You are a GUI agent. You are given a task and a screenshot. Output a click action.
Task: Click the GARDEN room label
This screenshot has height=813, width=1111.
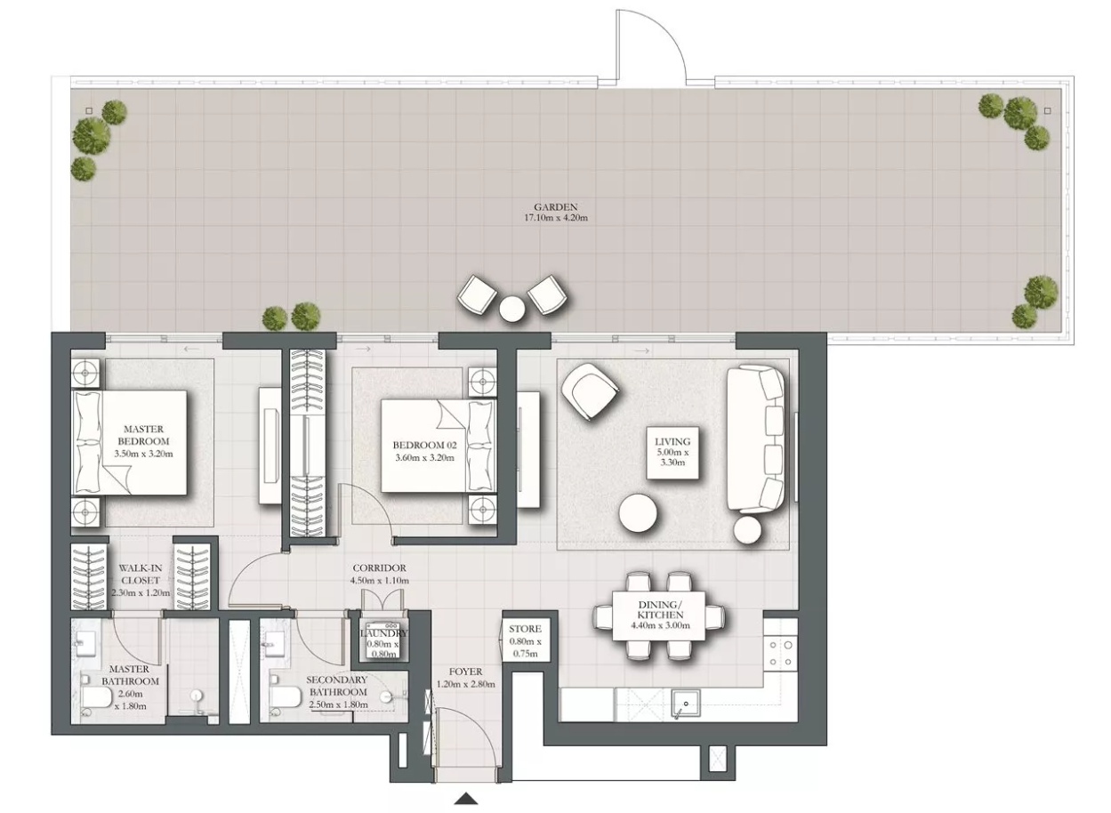(x=555, y=207)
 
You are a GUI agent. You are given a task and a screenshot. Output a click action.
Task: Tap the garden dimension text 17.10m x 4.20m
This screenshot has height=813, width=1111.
(x=556, y=218)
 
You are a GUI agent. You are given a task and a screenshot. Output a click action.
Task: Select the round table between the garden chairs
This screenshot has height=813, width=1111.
(x=511, y=309)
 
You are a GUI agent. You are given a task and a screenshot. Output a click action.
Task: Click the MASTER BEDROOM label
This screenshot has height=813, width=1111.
(x=143, y=435)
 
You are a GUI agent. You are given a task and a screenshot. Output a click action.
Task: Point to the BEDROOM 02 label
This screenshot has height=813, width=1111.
(x=424, y=446)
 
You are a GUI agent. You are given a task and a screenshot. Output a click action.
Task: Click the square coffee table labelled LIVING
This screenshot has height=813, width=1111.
(x=672, y=453)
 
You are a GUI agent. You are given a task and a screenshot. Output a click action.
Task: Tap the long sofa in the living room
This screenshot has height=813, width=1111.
(x=756, y=439)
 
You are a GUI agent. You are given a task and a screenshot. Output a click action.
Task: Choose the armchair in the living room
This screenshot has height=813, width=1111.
(x=590, y=391)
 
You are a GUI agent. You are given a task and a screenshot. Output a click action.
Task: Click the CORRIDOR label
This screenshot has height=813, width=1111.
(x=380, y=568)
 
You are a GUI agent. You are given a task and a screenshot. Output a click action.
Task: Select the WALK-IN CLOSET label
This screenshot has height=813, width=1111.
(x=141, y=575)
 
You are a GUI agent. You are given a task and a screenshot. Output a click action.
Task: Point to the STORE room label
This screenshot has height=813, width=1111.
(x=525, y=629)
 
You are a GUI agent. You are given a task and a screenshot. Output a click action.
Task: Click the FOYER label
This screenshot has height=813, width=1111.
(x=465, y=672)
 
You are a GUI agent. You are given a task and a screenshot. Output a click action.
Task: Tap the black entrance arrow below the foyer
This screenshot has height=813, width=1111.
(x=466, y=798)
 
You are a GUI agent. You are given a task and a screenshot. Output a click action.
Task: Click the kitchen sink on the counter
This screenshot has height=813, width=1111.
(x=686, y=704)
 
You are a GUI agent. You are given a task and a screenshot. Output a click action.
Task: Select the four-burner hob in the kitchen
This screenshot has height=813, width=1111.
(x=781, y=653)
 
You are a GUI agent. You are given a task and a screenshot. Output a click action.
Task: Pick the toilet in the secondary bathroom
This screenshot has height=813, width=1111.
(x=284, y=696)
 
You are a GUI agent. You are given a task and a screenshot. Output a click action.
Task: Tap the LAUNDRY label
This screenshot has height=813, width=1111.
(x=383, y=633)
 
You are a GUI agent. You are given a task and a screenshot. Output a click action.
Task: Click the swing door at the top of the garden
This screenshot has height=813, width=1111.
(x=651, y=44)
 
